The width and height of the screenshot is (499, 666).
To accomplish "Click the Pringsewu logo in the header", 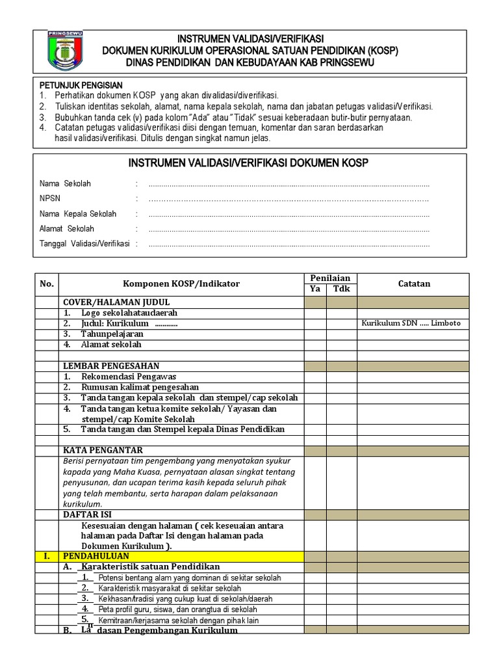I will pos(65,50).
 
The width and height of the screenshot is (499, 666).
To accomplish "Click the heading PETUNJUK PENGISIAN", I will pos(81,85).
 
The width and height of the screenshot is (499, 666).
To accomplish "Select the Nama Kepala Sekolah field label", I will pos(78,213).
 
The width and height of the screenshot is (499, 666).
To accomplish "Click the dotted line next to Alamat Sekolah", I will pos(288,229).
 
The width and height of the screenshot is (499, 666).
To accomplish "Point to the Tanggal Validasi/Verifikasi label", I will pos(84,244).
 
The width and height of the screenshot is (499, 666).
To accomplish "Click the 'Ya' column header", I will pos(314,289).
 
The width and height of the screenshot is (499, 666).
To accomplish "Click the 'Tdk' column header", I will pos(341,289).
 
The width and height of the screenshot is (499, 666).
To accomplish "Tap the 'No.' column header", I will pos(47,284).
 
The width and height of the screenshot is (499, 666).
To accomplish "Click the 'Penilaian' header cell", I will pos(329,278).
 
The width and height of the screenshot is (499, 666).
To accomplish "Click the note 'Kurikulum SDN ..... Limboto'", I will pos(411,323).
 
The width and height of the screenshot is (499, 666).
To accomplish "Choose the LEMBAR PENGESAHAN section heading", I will pos(110,366).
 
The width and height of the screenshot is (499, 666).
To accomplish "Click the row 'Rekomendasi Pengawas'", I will pos(128,377).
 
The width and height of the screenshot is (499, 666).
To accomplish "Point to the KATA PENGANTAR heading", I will pos(102,450).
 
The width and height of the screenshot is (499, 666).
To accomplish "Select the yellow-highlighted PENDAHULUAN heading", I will pos(96,556).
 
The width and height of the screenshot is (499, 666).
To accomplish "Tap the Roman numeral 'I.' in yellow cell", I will pos(47,556).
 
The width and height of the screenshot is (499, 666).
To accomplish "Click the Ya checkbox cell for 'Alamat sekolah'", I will pos(315,344).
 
